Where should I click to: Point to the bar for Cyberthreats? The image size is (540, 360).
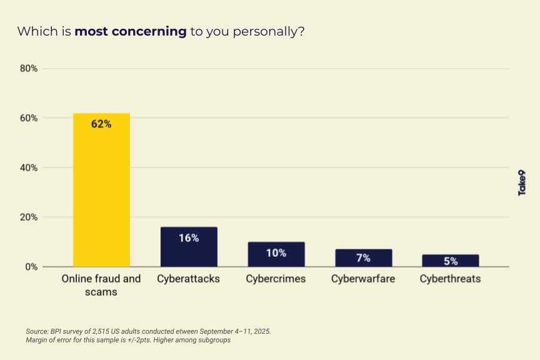(x=451, y=261)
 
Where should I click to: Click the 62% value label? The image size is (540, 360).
(x=101, y=124)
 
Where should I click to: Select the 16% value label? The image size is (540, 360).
(x=189, y=237)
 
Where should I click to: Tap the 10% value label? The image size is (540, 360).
(x=276, y=252)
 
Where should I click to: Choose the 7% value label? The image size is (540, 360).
(x=363, y=258)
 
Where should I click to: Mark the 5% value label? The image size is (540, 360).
(x=451, y=261)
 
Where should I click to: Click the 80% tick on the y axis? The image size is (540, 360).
(x=29, y=69)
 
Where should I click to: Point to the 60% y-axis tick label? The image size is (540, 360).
(x=29, y=118)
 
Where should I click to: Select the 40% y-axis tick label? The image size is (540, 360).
(x=29, y=168)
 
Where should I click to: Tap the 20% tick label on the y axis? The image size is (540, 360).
(x=29, y=217)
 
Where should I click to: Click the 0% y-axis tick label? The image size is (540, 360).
(x=31, y=267)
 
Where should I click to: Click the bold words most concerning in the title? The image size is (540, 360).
(x=131, y=31)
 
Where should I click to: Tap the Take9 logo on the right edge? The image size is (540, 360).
(x=522, y=182)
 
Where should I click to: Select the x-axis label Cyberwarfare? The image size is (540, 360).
(x=363, y=279)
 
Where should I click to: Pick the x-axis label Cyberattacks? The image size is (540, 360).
(x=189, y=279)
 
